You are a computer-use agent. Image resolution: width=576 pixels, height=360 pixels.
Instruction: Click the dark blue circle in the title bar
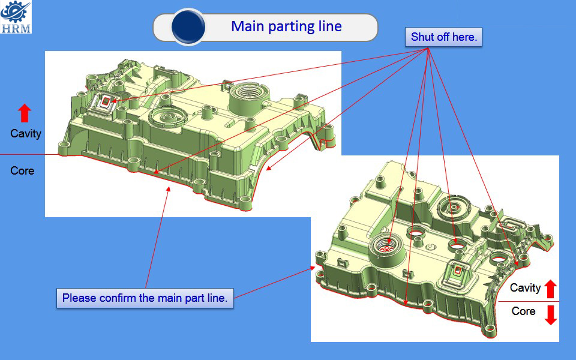(188, 27)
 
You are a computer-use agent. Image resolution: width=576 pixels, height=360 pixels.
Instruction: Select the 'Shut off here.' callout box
(443, 37)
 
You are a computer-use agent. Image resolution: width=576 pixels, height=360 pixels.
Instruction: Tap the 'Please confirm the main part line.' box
(145, 298)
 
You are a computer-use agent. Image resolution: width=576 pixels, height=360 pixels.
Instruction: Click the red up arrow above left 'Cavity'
(25, 113)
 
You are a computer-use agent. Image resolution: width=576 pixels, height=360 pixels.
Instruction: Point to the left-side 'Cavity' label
(26, 133)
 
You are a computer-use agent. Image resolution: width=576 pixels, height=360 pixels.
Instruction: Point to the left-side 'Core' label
(22, 170)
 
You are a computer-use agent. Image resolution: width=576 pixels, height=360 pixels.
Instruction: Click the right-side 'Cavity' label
(526, 287)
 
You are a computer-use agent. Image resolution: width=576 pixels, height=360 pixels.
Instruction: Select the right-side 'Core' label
(523, 311)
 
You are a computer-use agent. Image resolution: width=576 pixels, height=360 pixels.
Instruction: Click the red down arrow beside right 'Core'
(551, 315)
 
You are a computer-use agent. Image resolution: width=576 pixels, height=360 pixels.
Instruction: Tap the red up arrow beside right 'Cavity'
(551, 289)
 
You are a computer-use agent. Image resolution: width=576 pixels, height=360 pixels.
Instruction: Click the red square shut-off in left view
(106, 101)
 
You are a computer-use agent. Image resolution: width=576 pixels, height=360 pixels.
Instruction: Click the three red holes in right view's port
(386, 250)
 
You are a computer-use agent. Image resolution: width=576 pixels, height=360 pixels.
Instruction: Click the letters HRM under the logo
(16, 29)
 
